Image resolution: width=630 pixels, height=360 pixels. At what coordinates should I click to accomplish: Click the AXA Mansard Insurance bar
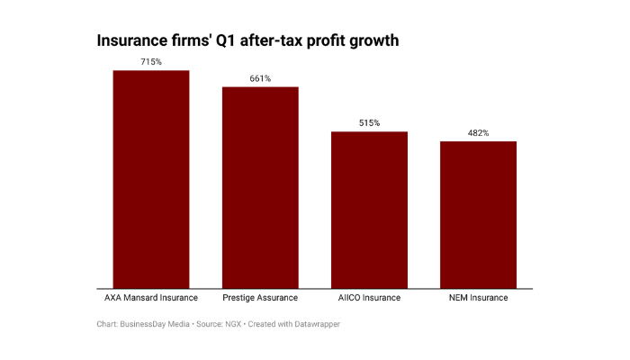coord(150,180)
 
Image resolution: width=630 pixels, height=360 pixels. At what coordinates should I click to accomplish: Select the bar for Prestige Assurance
coord(260,188)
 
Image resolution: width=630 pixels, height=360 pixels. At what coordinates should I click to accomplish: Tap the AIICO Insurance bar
coord(369,211)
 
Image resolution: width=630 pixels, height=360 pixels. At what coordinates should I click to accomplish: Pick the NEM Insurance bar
coord(478,215)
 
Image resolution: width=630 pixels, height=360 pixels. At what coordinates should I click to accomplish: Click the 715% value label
coord(150,62)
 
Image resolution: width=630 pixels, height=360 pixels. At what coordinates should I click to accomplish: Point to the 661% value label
coord(260,78)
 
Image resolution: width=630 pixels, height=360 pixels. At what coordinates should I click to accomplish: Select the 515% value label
coord(369,122)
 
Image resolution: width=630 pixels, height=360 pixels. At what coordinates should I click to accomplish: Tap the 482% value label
coord(478,132)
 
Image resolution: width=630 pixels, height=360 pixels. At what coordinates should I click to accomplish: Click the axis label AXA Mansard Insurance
coord(150,298)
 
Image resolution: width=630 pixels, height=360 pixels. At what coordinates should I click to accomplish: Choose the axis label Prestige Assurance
coord(260,298)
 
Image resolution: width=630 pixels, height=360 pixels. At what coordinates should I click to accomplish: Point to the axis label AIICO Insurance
coord(369,298)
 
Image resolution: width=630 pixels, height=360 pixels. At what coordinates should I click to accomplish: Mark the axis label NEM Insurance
coord(478,298)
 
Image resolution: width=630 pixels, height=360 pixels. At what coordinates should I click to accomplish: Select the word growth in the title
coord(370,41)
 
